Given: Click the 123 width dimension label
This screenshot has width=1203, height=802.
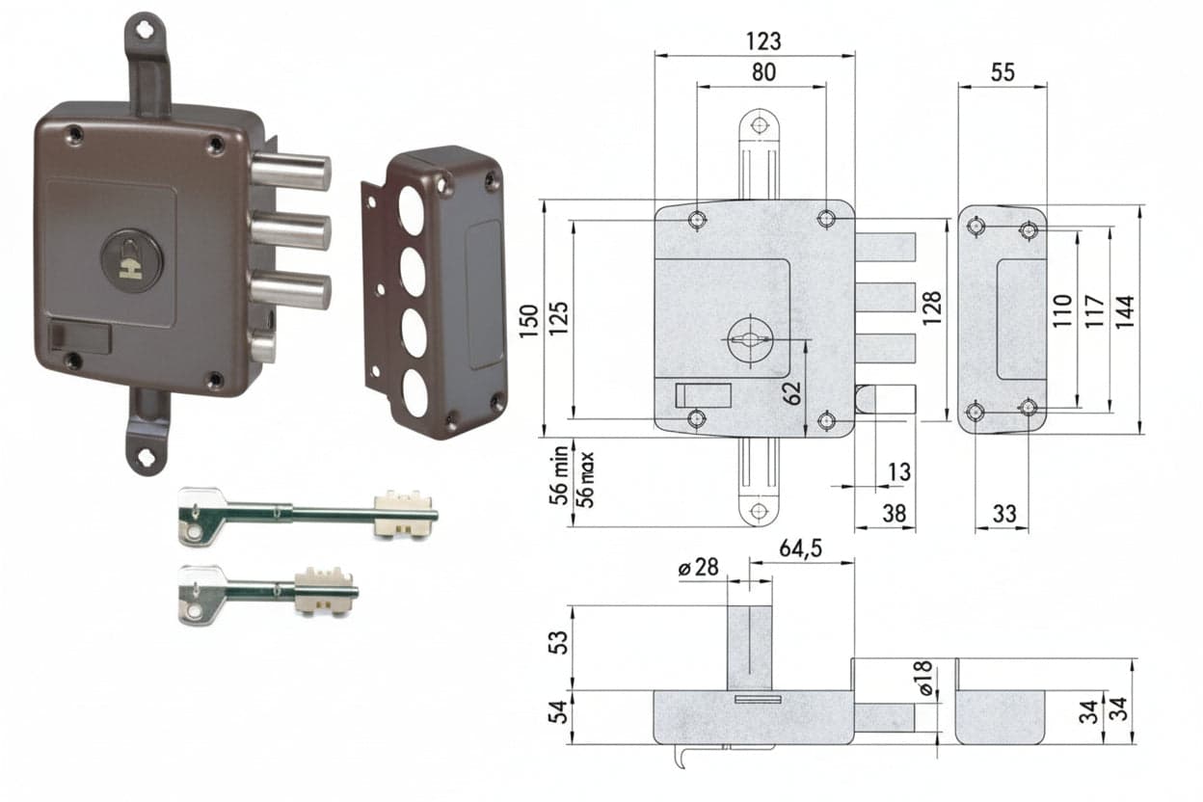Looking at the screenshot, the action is [763, 41].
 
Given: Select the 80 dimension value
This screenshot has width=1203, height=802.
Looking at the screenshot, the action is [763, 72].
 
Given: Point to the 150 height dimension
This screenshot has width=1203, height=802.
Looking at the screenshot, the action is [529, 321].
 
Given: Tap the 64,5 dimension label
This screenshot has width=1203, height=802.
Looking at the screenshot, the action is [801, 548].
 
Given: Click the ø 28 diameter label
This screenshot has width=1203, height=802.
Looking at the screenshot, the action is [698, 567].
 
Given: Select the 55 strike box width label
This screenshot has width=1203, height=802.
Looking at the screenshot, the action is [1002, 72].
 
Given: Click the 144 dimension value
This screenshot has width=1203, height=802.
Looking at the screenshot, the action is [1125, 312].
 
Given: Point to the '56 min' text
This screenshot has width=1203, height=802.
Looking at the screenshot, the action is [558, 475].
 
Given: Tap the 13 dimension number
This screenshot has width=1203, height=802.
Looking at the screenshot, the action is [899, 472].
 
